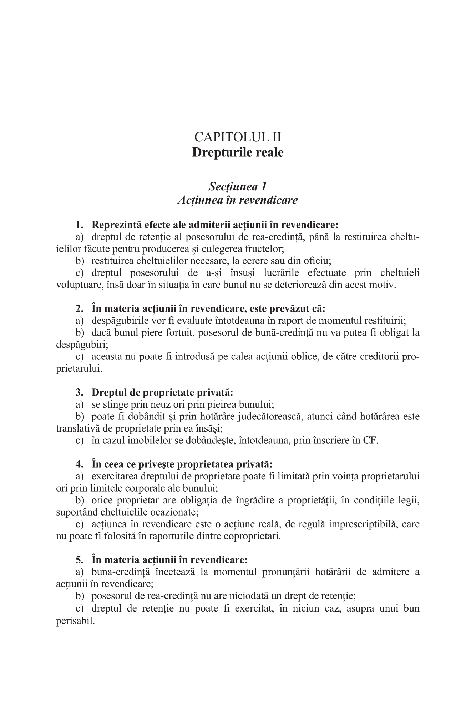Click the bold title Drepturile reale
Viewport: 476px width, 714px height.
(238, 152)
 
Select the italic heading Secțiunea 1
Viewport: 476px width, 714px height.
(238, 186)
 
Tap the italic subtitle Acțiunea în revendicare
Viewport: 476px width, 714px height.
(238, 200)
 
